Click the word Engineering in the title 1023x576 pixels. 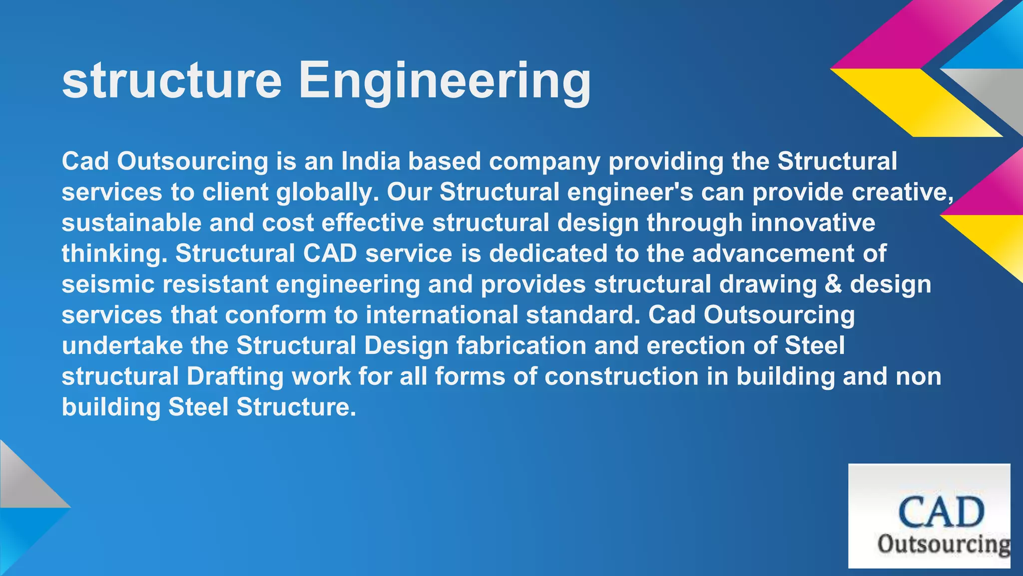pyautogui.click(x=445, y=81)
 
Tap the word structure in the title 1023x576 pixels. pyautogui.click(x=172, y=81)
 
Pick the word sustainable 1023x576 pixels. pyautogui.click(x=131, y=223)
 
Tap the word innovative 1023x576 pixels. pyautogui.click(x=813, y=223)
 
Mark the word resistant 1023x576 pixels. pyautogui.click(x=215, y=284)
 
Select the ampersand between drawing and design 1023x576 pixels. pyautogui.click(x=833, y=284)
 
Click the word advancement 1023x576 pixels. pyautogui.click(x=773, y=254)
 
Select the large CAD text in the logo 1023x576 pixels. pyautogui.click(x=941, y=512)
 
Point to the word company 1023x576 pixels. pyautogui.click(x=544, y=161)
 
